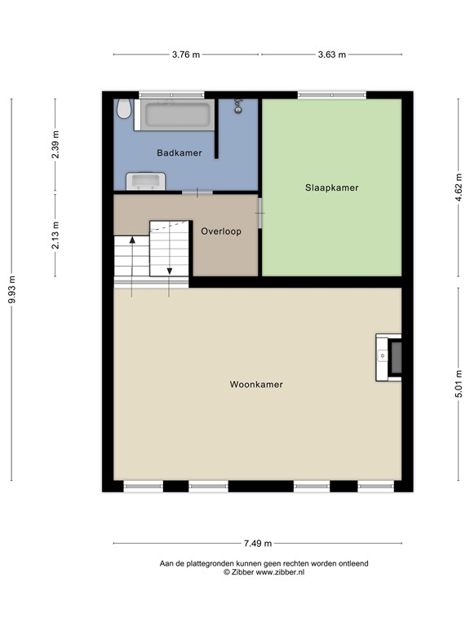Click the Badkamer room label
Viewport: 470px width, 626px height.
[x=180, y=152]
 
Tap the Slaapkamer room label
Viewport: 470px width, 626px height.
[x=331, y=187]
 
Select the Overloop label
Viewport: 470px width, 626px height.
[x=220, y=231]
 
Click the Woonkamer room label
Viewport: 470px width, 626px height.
[x=256, y=385]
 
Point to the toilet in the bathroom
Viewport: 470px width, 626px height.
[x=124, y=109]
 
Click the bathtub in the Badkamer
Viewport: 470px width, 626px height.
[x=177, y=114]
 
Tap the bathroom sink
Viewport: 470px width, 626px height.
[x=145, y=181]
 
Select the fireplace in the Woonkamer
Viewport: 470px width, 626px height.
[x=389, y=357]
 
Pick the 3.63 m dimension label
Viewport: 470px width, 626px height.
[x=331, y=55]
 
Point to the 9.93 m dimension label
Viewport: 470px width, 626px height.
[x=11, y=289]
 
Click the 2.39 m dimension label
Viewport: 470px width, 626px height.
[x=55, y=146]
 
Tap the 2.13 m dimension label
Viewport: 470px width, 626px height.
[x=55, y=236]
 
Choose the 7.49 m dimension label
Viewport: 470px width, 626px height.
[x=257, y=544]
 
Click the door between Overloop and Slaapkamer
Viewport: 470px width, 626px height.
[x=260, y=214]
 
